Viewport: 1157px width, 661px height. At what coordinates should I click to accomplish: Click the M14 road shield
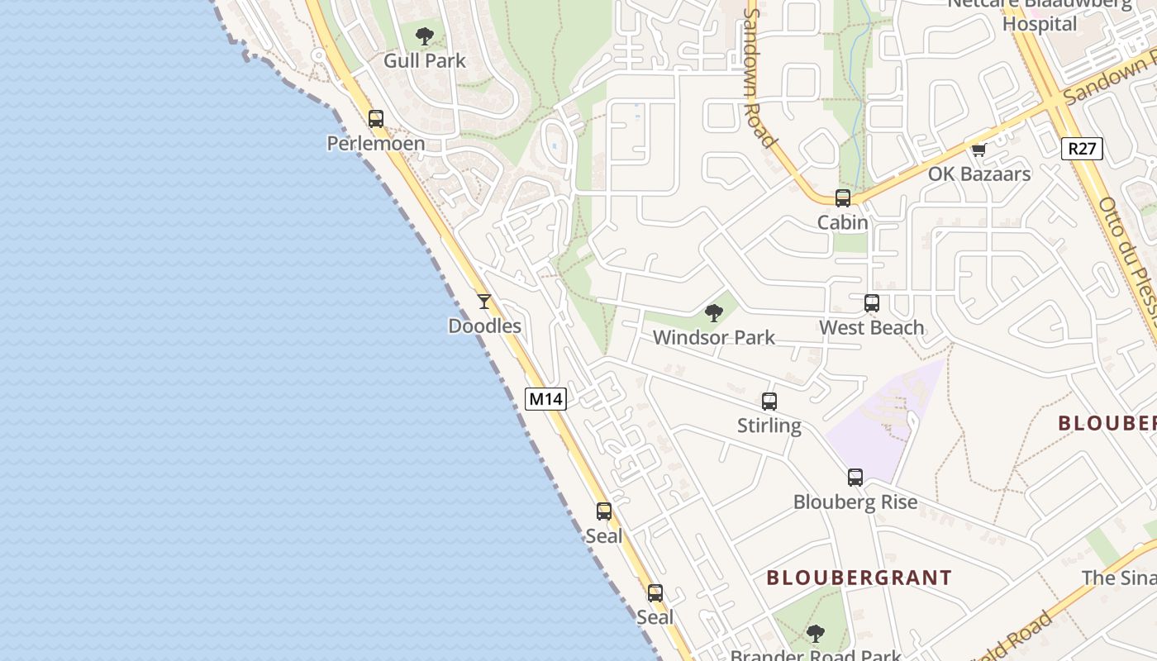tap(545, 399)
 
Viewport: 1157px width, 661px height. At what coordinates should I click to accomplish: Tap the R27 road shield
tap(1082, 149)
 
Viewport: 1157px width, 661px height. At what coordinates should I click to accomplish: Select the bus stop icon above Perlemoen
tap(376, 119)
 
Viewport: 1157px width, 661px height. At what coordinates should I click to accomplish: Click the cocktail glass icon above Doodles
tap(484, 302)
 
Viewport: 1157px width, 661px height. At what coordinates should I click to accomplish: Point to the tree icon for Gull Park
tap(425, 36)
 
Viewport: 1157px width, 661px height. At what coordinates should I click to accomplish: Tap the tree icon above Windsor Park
tap(714, 313)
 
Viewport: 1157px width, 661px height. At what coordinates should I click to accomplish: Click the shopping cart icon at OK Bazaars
tap(979, 150)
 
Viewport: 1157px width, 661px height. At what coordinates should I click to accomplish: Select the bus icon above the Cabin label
tap(843, 198)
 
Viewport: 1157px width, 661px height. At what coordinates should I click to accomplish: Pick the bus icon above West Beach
tap(872, 303)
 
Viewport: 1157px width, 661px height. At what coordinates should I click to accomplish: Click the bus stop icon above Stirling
tap(769, 402)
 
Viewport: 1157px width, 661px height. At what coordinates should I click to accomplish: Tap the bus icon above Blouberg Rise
tap(855, 478)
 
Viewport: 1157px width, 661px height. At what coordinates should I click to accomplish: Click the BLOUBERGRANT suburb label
tap(859, 578)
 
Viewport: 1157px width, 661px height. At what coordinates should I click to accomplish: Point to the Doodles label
tap(484, 326)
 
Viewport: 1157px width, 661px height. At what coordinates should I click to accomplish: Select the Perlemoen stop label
tap(376, 144)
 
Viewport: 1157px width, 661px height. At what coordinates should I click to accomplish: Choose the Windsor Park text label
tap(714, 337)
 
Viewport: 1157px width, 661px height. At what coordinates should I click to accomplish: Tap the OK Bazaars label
tap(979, 174)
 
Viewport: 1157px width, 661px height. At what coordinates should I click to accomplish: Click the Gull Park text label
tap(425, 60)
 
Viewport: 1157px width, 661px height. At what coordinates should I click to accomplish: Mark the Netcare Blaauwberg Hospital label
tap(1040, 13)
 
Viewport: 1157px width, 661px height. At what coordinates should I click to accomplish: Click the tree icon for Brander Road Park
tap(816, 634)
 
